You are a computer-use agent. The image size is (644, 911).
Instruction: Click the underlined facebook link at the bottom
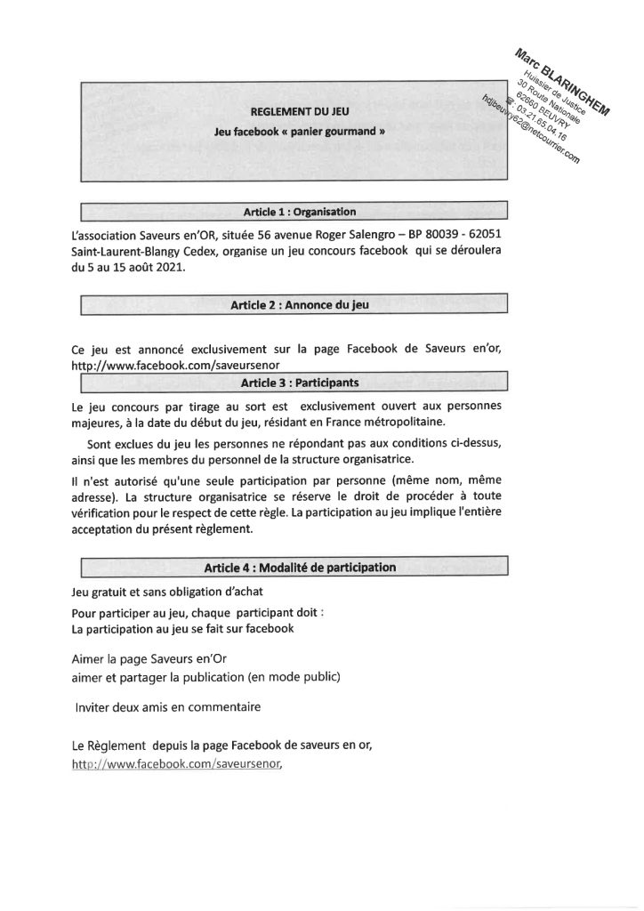point(181,764)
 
